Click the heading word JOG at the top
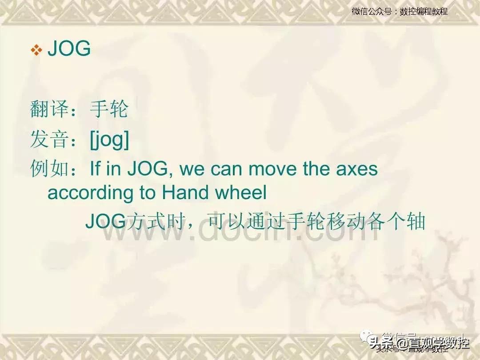tap(69, 49)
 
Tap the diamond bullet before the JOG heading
tap(36, 50)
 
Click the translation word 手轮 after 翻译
tap(109, 109)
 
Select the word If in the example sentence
tap(95, 169)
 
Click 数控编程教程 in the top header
tap(424, 12)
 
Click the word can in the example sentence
tap(225, 169)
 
